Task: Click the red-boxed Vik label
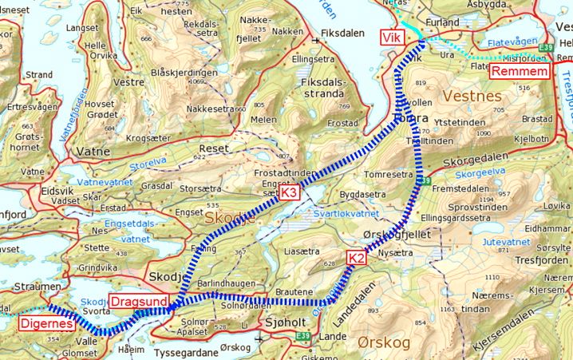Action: (391, 37)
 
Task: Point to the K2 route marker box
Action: (356, 257)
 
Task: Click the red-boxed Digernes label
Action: (45, 324)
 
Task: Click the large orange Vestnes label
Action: (474, 96)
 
